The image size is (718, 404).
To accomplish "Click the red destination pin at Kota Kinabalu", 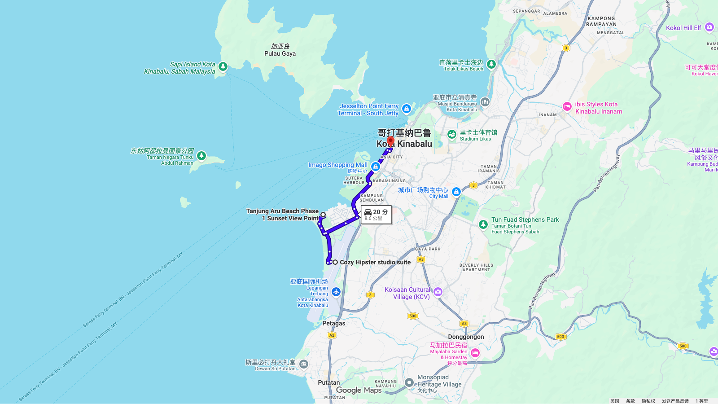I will (390, 141).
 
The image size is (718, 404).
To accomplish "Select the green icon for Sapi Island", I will (223, 67).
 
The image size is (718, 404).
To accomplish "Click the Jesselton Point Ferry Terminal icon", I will (407, 109).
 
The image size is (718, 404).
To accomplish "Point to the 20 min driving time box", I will (377, 215).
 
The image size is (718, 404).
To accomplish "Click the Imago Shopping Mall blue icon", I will (376, 167).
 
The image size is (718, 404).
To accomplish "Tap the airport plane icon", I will (336, 292).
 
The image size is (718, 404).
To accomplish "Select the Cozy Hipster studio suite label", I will (375, 262).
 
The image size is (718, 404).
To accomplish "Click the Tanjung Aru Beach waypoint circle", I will (323, 215).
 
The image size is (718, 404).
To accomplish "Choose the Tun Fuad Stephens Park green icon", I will (483, 224).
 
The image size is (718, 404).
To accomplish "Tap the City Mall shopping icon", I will (456, 192).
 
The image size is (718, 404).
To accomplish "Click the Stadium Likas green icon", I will (452, 134).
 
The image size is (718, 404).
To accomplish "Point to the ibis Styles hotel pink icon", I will (567, 107).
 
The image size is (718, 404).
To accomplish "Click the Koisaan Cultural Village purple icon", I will (438, 292).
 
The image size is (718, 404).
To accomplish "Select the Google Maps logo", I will (359, 390).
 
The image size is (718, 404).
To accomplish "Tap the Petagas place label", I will (334, 323).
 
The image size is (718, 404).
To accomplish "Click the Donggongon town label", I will (466, 337).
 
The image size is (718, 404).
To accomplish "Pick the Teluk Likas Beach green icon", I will (491, 64).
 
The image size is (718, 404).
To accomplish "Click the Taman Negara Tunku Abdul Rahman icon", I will (201, 156).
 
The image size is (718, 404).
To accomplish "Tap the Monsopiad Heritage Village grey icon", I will (409, 382).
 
